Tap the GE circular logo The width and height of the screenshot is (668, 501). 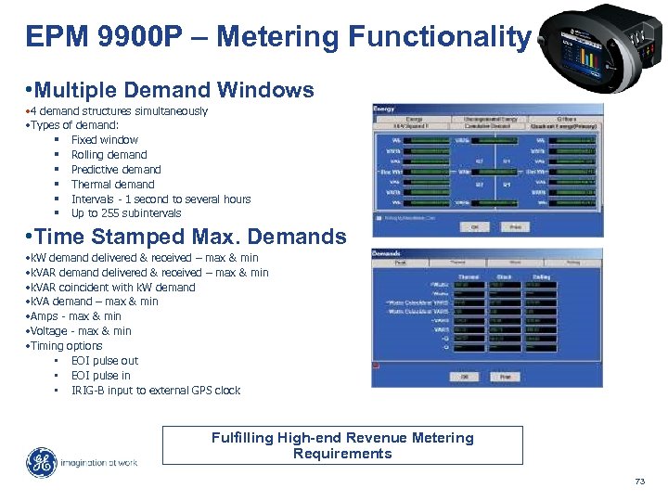40,462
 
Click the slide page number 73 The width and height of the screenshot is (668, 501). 638,481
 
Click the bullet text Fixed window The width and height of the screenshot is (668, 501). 104,140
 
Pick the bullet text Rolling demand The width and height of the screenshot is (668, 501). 109,155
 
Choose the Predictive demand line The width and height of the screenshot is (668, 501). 116,170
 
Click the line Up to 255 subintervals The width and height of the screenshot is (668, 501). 126,213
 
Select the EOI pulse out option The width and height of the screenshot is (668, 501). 104,361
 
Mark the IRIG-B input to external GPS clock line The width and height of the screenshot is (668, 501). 155,391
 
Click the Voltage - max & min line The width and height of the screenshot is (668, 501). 82,331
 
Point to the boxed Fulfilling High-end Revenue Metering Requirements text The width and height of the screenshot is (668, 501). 342,445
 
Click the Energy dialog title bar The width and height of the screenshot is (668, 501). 487,109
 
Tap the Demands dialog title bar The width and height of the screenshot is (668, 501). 487,253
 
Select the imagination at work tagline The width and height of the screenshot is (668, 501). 99,462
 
